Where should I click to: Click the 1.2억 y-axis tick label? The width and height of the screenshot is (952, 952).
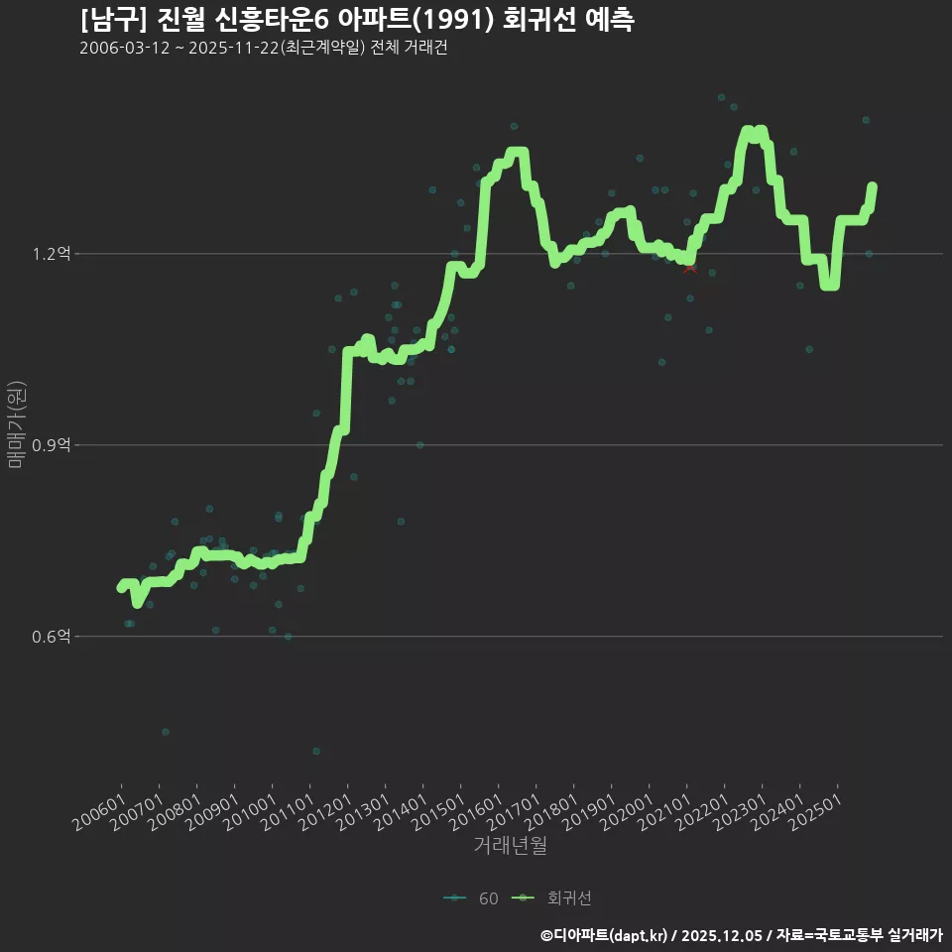[x=51, y=253]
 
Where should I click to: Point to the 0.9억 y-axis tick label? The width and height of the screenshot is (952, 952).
[x=51, y=445]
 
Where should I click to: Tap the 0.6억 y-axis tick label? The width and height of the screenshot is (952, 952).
[x=51, y=637]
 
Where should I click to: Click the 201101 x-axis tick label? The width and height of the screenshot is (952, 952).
[x=289, y=812]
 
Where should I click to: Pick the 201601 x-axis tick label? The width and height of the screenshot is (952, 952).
[x=477, y=812]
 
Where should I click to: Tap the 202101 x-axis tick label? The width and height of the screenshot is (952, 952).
[x=665, y=812]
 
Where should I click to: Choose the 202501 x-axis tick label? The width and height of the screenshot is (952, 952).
[x=816, y=812]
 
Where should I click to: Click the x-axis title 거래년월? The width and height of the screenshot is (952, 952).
[x=510, y=845]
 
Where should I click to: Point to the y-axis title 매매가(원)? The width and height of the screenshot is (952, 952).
[x=16, y=424]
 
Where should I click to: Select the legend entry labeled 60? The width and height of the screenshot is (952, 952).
[x=471, y=898]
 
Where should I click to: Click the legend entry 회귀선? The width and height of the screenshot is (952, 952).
[x=552, y=898]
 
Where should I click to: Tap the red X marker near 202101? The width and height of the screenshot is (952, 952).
[x=690, y=268]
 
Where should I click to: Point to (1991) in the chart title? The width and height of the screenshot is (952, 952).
[x=453, y=20]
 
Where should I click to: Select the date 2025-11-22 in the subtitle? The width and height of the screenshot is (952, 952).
[x=234, y=48]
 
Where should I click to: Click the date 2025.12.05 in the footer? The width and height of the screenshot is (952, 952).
[x=721, y=935]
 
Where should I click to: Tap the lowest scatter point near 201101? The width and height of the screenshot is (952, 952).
[x=316, y=751]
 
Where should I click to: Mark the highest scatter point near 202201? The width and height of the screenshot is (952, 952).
[x=721, y=97]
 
